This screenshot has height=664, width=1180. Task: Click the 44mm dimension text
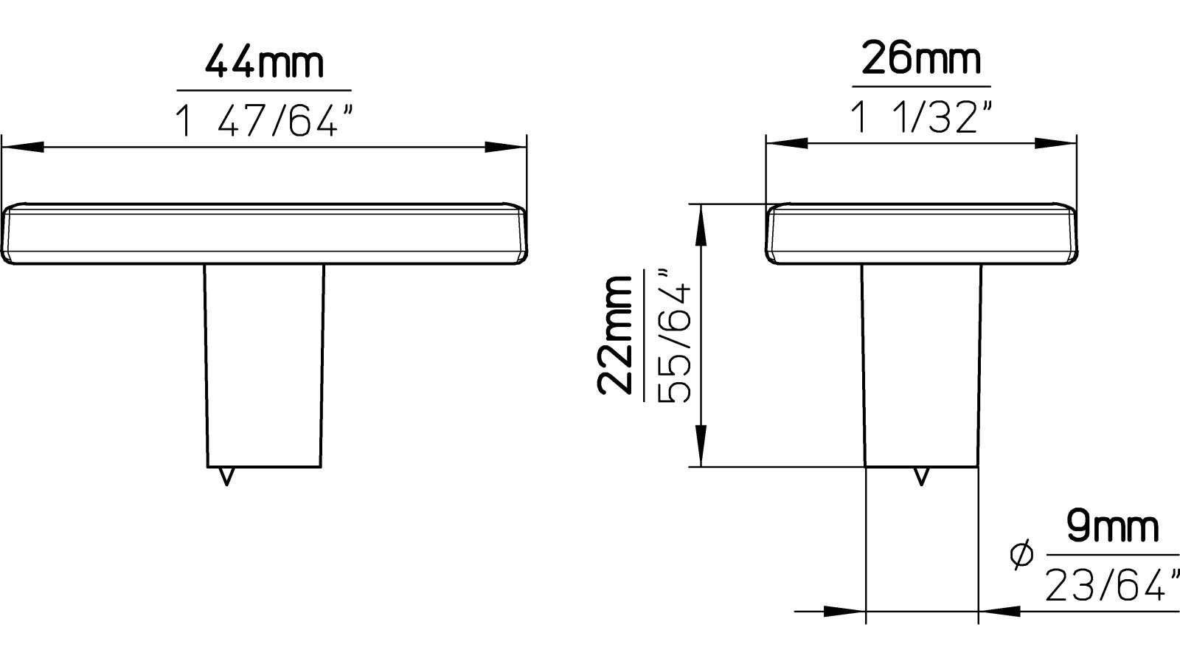pyautogui.click(x=263, y=63)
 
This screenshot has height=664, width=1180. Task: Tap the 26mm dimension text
pyautogui.click(x=921, y=60)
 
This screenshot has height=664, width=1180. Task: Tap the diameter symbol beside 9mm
pyautogui.click(x=1023, y=556)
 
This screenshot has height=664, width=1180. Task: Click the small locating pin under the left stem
pyautogui.click(x=227, y=477)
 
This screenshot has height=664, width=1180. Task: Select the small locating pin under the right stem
pyautogui.click(x=920, y=477)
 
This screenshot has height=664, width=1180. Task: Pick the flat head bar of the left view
pyautogui.click(x=264, y=234)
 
